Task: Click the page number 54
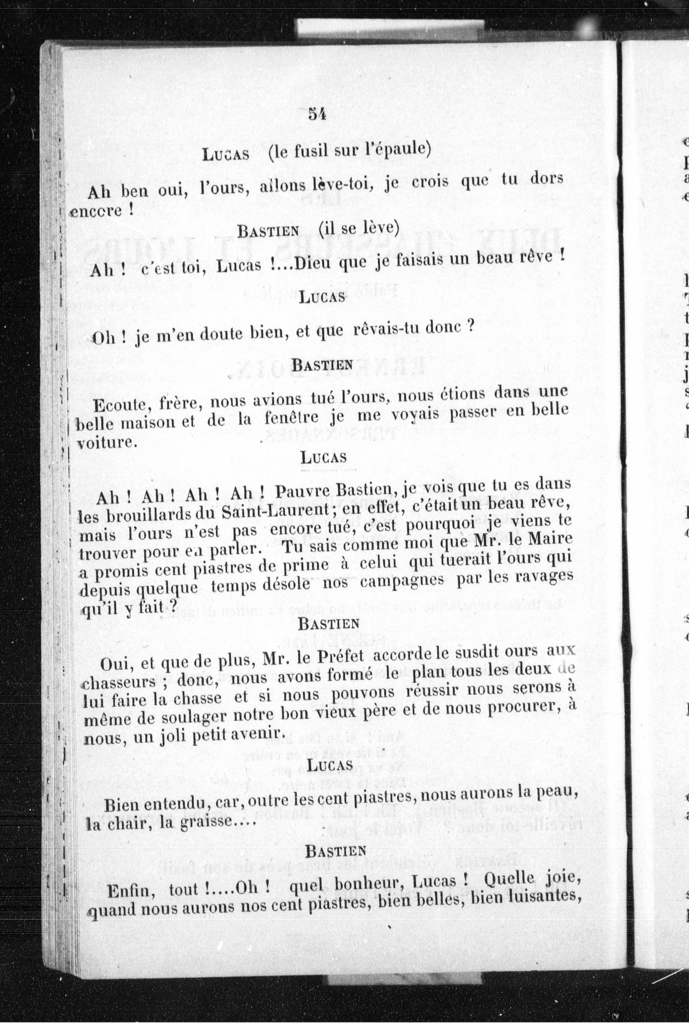316,115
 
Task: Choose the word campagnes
402,582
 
